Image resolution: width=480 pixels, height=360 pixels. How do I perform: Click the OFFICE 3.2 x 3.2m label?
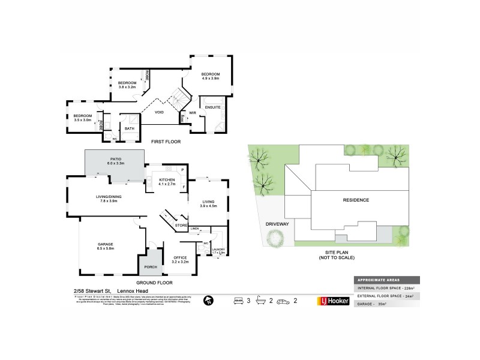(181, 259)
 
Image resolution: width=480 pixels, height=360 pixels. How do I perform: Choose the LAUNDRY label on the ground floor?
(218, 251)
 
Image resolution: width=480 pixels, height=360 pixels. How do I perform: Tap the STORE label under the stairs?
(181, 225)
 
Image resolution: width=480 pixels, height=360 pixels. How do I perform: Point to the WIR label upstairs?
(193, 112)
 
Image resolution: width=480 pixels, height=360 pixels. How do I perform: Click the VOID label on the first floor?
(160, 112)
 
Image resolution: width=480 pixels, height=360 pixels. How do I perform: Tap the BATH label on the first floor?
(129, 128)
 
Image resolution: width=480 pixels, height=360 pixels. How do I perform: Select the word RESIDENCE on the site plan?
(356, 200)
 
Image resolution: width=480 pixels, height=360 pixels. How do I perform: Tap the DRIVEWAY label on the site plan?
(277, 224)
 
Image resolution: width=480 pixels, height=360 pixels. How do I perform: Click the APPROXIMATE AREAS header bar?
(386, 280)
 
